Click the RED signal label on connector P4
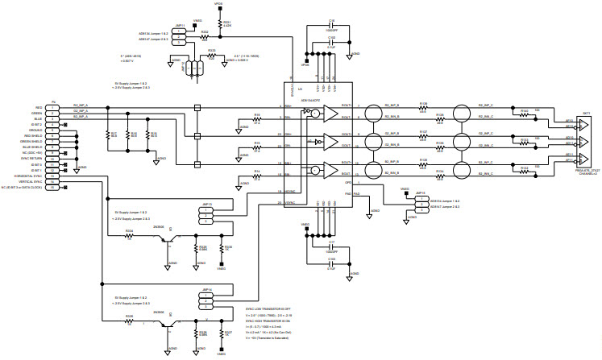point(38,107)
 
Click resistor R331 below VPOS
point(226,23)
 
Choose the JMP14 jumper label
point(207,288)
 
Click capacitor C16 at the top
point(331,22)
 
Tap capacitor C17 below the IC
point(331,241)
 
